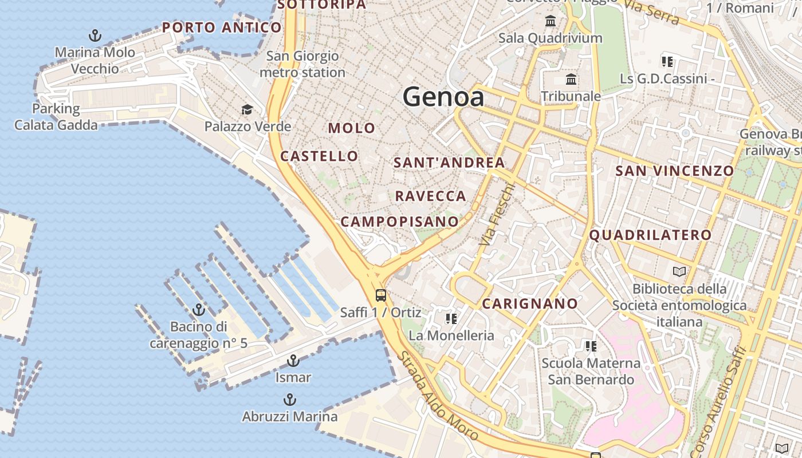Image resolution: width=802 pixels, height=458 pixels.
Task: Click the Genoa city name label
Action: [x=443, y=97]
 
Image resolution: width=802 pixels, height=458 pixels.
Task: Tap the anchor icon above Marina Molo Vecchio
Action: [x=95, y=35]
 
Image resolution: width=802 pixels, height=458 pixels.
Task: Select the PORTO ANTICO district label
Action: [x=222, y=27]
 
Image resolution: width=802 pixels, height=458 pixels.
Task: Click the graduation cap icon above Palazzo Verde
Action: [x=247, y=109]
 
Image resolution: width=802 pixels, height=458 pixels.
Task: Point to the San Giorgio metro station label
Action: [x=302, y=64]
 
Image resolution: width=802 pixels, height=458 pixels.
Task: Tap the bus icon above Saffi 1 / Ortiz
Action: [x=381, y=295]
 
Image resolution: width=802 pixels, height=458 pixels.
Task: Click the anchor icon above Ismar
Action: [x=293, y=361]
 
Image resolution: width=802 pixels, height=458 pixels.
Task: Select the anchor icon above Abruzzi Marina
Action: [x=290, y=400]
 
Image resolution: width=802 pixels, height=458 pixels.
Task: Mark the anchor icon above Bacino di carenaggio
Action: [x=199, y=310]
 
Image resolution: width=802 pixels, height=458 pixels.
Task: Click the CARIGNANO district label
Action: [x=530, y=304]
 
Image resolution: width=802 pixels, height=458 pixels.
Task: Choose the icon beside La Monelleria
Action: [x=451, y=318]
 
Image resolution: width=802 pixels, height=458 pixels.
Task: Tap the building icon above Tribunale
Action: [x=571, y=79]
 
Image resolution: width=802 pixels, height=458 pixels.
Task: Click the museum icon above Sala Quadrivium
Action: [x=551, y=21]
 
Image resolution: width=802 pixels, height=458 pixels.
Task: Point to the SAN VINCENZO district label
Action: [x=674, y=171]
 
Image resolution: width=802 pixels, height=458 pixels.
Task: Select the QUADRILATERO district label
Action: [x=650, y=235]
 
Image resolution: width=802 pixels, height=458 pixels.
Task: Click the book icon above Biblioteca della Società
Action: [x=679, y=271]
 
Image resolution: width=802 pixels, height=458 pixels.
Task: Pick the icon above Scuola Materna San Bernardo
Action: [x=591, y=346]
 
